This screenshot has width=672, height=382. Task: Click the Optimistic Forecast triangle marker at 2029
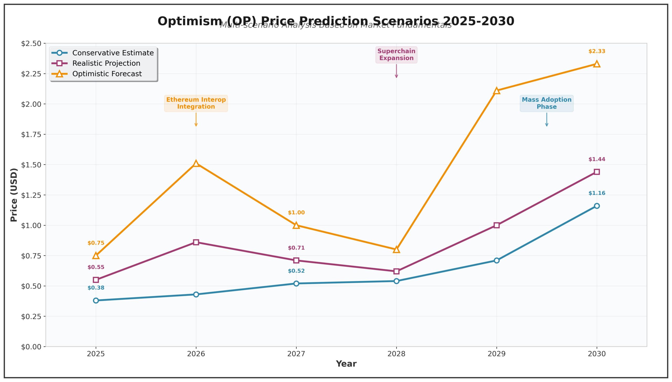496,91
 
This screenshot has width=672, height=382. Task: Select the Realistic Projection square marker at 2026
196,242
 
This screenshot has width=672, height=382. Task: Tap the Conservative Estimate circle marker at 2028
396,281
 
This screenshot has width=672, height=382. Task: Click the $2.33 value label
597,51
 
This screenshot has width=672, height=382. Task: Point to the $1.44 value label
597,159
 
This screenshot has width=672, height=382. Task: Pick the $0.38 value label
96,288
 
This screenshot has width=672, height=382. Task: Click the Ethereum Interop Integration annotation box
196,103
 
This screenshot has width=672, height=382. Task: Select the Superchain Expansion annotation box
396,55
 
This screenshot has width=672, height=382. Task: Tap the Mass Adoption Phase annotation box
547,103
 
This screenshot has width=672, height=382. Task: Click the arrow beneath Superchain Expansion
396,71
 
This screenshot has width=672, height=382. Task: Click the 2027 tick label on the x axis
296,354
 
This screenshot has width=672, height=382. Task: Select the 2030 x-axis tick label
597,354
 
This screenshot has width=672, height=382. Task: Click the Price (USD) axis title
14,195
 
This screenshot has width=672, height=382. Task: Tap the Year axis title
346,364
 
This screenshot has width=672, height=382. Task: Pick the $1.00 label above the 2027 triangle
296,213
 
